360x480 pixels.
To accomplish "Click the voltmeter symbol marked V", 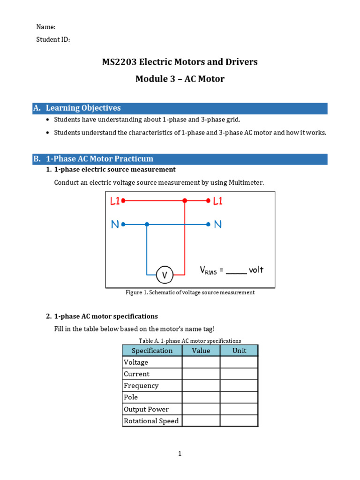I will [x=165, y=275].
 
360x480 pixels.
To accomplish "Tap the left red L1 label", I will [x=115, y=201].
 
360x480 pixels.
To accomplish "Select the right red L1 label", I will [x=218, y=201].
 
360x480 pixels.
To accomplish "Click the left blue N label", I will [x=115, y=225].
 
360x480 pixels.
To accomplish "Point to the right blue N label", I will [x=217, y=225].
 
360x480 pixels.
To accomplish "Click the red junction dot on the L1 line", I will [x=185, y=201].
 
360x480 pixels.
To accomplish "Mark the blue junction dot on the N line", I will [x=147, y=225].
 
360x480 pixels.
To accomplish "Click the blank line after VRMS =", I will [x=236, y=271].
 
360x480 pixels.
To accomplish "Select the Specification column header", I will [x=152, y=351].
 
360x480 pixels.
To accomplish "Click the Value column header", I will [x=201, y=351].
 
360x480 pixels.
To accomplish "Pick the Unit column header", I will [x=239, y=351].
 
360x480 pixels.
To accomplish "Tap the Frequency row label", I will [x=141, y=386].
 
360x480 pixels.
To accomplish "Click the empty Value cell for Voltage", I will [x=201, y=362].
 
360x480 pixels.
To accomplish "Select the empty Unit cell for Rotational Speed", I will [x=239, y=421].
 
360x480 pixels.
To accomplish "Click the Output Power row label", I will [x=146, y=409].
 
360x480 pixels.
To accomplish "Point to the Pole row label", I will [x=131, y=397].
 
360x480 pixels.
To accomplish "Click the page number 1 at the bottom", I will [x=180, y=453].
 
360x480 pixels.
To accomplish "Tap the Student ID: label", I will [x=53, y=40].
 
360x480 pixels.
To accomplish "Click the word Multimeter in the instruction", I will [x=246, y=182].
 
